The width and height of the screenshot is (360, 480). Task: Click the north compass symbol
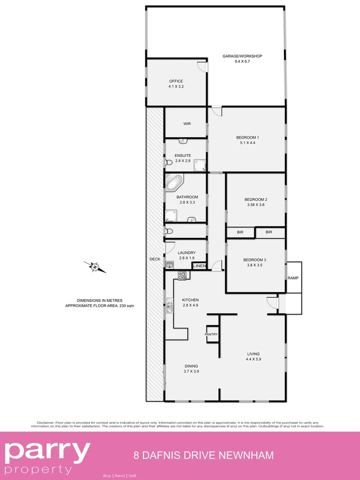[x=95, y=267]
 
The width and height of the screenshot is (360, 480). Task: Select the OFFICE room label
[x=176, y=81]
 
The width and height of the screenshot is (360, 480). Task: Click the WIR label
[x=187, y=124]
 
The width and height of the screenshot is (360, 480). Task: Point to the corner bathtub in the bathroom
[x=174, y=182]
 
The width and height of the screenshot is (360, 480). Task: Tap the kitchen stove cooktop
[x=182, y=276]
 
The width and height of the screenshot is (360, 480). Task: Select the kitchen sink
[x=170, y=305]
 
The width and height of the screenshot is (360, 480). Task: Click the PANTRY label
[x=211, y=334]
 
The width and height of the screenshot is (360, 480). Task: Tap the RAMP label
[x=293, y=278]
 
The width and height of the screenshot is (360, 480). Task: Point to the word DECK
[x=155, y=259]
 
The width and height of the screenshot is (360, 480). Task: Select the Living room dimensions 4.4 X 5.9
[x=253, y=359]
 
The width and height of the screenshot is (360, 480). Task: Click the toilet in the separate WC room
[x=168, y=231]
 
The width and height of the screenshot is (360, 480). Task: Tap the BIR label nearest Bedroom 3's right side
[x=268, y=232]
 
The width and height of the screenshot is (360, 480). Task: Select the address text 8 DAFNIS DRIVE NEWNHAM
[x=204, y=455]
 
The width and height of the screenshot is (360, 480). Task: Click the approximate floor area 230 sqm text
[x=100, y=306]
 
